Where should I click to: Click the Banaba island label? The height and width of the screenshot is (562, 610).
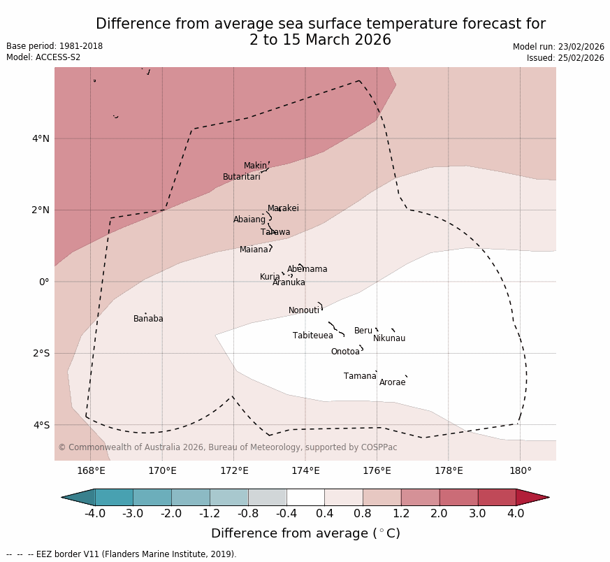coord(148,319)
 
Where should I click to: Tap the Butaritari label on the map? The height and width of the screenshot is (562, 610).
coord(241,178)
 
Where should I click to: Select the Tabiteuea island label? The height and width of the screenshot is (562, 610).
coord(312,336)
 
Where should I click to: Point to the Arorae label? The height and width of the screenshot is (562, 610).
coord(392,383)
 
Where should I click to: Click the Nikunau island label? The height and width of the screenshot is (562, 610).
coord(388,339)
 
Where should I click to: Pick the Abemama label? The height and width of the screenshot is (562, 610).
coord(307,270)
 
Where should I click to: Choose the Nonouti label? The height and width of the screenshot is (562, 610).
coord(303,311)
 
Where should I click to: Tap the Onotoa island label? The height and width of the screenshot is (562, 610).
coord(345,352)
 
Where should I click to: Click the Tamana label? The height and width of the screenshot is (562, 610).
coord(359,377)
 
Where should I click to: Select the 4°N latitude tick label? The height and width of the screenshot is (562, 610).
coord(41,139)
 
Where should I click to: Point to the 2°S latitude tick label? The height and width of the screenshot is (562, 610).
coord(41,354)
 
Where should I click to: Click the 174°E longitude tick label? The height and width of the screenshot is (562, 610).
coord(305,470)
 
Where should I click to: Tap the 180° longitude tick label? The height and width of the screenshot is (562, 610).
coord(520,470)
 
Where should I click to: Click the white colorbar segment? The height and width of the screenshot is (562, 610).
coord(305,498)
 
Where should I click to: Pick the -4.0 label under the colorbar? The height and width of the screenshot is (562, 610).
coord(95,514)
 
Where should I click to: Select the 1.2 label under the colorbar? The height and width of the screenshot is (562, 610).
coord(401,514)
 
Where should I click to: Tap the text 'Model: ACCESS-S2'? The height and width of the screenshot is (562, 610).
coord(43,58)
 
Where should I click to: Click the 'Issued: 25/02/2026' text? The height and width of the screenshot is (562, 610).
coord(565,59)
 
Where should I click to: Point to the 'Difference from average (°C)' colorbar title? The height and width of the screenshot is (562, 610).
coord(305,534)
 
